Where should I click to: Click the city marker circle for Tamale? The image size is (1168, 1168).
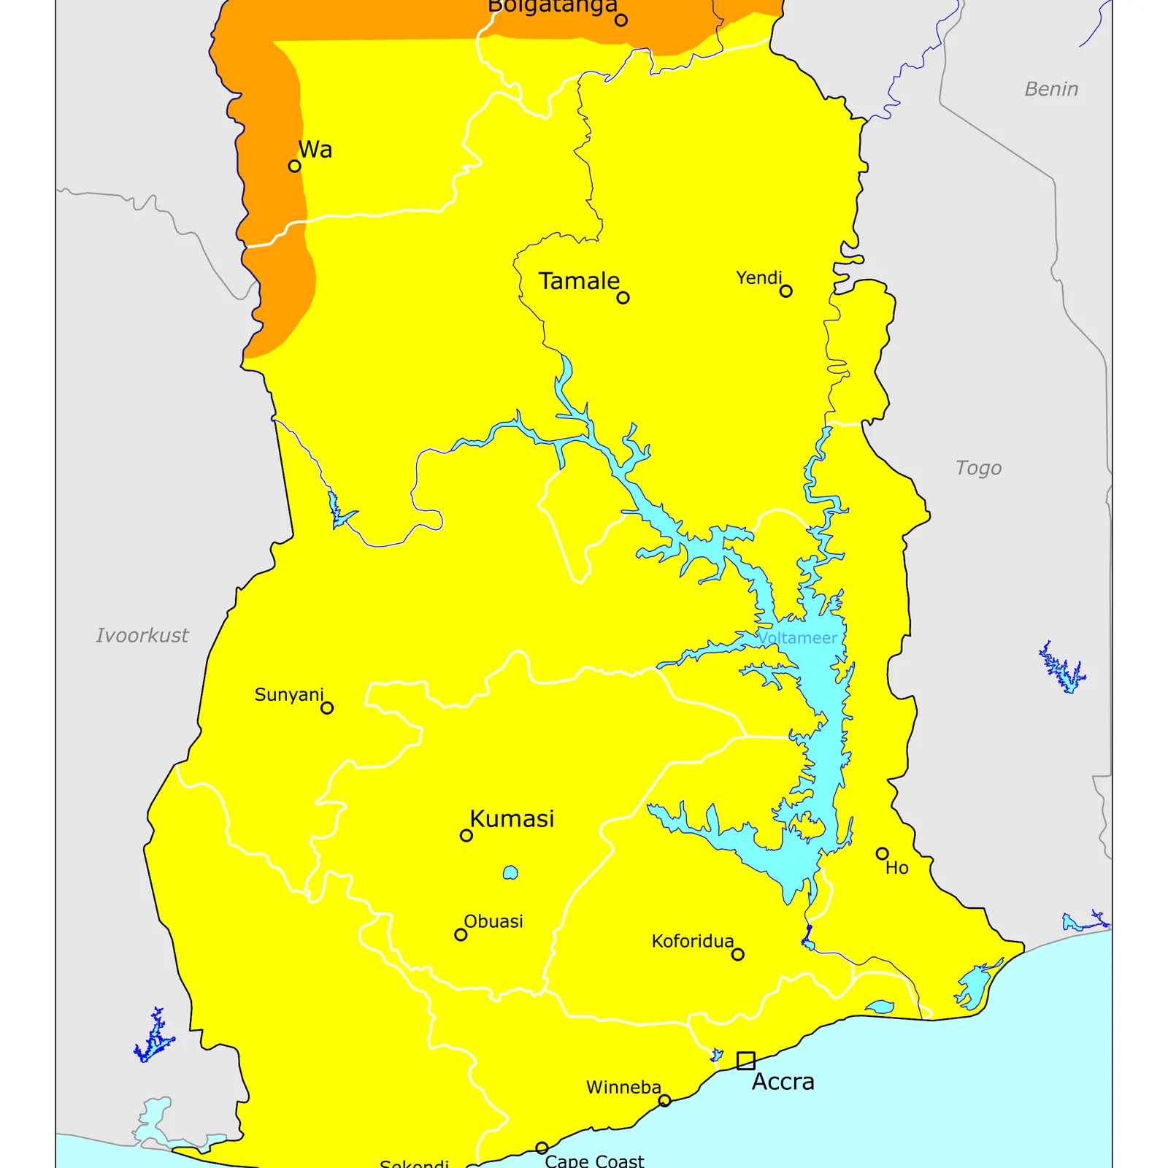pyautogui.click(x=623, y=297)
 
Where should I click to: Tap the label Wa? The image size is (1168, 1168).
pyautogui.click(x=315, y=150)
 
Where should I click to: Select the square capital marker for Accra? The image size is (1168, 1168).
pyautogui.click(x=745, y=1060)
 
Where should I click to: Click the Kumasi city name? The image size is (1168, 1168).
pyautogui.click(x=512, y=819)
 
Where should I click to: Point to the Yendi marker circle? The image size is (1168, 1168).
pyautogui.click(x=785, y=291)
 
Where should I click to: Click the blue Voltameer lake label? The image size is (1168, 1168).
pyautogui.click(x=797, y=638)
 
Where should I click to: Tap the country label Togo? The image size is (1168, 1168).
pyautogui.click(x=978, y=468)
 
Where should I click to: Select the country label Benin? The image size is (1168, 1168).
pyautogui.click(x=1050, y=89)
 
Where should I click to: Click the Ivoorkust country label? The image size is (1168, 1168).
pyautogui.click(x=142, y=635)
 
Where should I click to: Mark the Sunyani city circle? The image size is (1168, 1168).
pyautogui.click(x=327, y=707)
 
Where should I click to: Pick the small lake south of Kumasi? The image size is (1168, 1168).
pyautogui.click(x=510, y=872)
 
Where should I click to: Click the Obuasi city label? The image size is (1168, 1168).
pyautogui.click(x=493, y=921)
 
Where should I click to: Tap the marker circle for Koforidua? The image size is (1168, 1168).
pyautogui.click(x=737, y=954)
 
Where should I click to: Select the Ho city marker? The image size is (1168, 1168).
pyautogui.click(x=882, y=853)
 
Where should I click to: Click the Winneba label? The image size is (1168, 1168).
pyautogui.click(x=623, y=1088)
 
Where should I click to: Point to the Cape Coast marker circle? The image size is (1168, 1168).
pyautogui.click(x=542, y=1148)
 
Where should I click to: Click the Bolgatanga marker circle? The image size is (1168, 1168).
pyautogui.click(x=620, y=20)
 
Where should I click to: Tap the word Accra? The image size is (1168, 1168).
pyautogui.click(x=783, y=1082)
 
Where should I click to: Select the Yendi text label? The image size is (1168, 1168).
pyautogui.click(x=758, y=278)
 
